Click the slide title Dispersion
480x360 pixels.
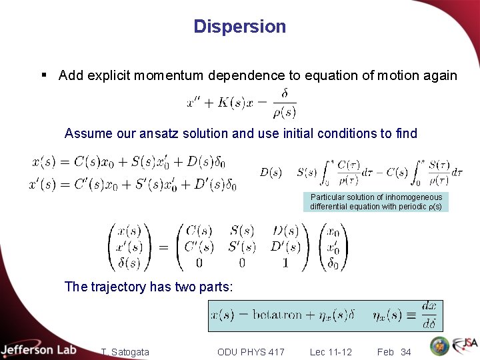click(x=239, y=27)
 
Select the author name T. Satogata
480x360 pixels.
click(x=125, y=351)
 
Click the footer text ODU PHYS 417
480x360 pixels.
click(x=251, y=351)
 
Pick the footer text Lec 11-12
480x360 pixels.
click(x=331, y=351)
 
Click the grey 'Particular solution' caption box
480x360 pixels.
click(x=375, y=202)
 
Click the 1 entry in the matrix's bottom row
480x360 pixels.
click(x=285, y=263)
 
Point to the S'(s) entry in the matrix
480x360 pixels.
click(x=242, y=247)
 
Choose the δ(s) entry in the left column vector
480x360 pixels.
click(x=129, y=263)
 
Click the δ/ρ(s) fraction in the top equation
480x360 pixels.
click(x=285, y=102)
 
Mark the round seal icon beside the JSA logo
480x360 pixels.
click(x=439, y=346)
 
